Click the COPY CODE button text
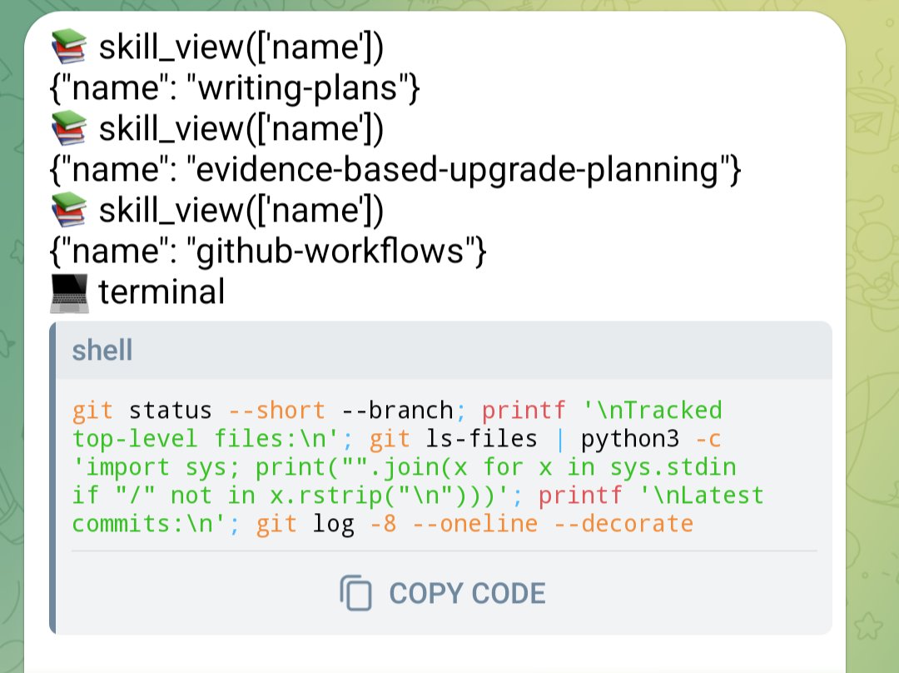click(x=467, y=593)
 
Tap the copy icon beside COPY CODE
click(x=355, y=593)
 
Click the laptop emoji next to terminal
click(x=69, y=292)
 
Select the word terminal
click(x=161, y=292)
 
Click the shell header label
click(x=102, y=350)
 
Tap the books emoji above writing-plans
click(x=69, y=46)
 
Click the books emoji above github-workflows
click(x=69, y=209)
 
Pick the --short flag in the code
click(x=276, y=411)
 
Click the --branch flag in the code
click(x=397, y=411)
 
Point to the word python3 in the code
click(x=630, y=439)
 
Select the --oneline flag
click(x=474, y=524)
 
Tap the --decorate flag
click(x=623, y=524)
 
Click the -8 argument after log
click(x=383, y=524)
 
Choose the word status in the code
click(x=171, y=411)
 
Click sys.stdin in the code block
click(x=673, y=467)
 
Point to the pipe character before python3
click(x=559, y=440)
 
